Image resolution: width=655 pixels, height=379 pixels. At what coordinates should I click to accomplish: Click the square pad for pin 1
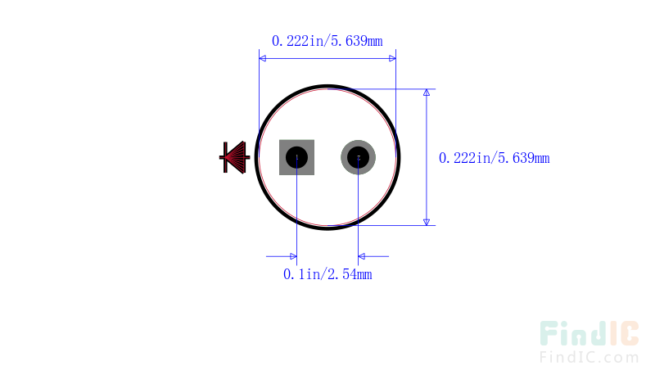[296, 157]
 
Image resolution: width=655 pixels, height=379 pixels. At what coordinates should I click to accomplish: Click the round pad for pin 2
[358, 157]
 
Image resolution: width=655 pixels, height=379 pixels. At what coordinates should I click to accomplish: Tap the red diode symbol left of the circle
[234, 157]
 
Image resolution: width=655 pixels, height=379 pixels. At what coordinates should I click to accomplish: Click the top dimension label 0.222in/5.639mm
[327, 41]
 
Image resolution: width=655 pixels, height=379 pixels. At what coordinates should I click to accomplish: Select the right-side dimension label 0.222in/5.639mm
[495, 158]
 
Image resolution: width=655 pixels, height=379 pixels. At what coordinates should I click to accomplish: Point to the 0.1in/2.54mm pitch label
[327, 274]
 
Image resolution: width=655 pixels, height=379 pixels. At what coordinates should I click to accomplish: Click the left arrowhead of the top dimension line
[262, 58]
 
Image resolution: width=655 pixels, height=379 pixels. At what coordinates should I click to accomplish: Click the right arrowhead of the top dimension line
[392, 58]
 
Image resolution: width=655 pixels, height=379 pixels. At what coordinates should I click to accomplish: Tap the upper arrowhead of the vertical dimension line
[427, 92]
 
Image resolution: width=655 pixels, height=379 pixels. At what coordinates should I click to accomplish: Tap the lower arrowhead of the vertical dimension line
[427, 222]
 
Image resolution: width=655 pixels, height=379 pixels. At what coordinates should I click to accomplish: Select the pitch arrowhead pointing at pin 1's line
[293, 256]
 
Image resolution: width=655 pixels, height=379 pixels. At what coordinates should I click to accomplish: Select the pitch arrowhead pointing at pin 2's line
[362, 256]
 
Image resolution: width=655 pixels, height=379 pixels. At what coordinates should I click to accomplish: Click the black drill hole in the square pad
[296, 157]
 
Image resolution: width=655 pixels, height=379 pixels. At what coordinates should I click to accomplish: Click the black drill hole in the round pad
[358, 157]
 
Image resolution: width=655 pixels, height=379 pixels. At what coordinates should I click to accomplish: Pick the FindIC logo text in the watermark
[589, 333]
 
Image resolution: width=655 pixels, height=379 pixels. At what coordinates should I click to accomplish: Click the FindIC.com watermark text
[589, 357]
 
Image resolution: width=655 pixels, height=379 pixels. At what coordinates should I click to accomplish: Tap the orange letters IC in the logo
[624, 333]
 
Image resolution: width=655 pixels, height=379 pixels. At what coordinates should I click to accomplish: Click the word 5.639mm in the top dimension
[357, 41]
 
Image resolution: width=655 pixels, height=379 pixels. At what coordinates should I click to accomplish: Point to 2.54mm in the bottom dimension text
[350, 274]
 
